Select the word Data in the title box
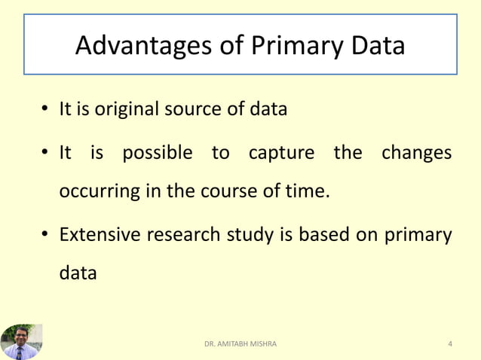click(375, 47)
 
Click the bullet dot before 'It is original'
click(46, 110)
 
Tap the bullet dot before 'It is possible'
click(46, 154)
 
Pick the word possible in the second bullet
click(158, 154)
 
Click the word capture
click(280, 154)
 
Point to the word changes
click(416, 154)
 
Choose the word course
click(225, 191)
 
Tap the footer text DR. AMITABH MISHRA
click(240, 344)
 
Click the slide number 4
click(450, 344)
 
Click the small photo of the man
click(21, 342)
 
